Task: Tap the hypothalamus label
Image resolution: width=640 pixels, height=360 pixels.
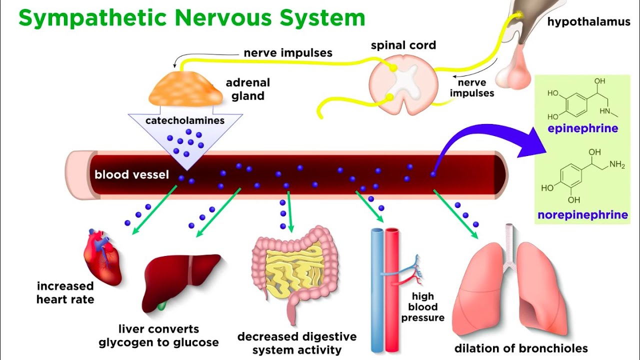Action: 588,22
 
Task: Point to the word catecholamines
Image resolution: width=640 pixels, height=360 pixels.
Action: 185,120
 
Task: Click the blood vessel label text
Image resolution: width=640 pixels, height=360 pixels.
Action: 131,175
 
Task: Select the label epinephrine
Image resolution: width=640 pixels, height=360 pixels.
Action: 582,128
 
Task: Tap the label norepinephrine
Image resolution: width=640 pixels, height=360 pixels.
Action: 582,215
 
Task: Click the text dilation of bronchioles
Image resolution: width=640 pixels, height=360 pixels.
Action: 521,348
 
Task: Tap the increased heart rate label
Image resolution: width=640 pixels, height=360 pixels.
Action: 65,293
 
